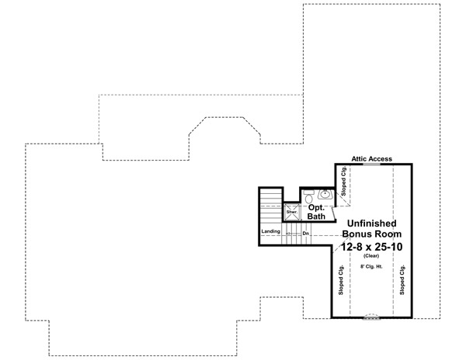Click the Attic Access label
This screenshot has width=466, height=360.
click(x=371, y=158)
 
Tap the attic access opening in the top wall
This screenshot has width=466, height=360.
click(x=371, y=164)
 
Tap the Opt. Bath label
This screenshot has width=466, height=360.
click(x=316, y=213)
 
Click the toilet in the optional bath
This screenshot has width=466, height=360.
click(x=308, y=196)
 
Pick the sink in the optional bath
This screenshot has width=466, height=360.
click(x=325, y=195)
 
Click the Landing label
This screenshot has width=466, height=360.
click(x=271, y=231)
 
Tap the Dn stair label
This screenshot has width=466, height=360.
click(x=306, y=232)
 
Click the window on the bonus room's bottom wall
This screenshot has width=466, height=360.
click(x=373, y=316)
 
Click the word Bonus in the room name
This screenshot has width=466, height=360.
click(x=358, y=233)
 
